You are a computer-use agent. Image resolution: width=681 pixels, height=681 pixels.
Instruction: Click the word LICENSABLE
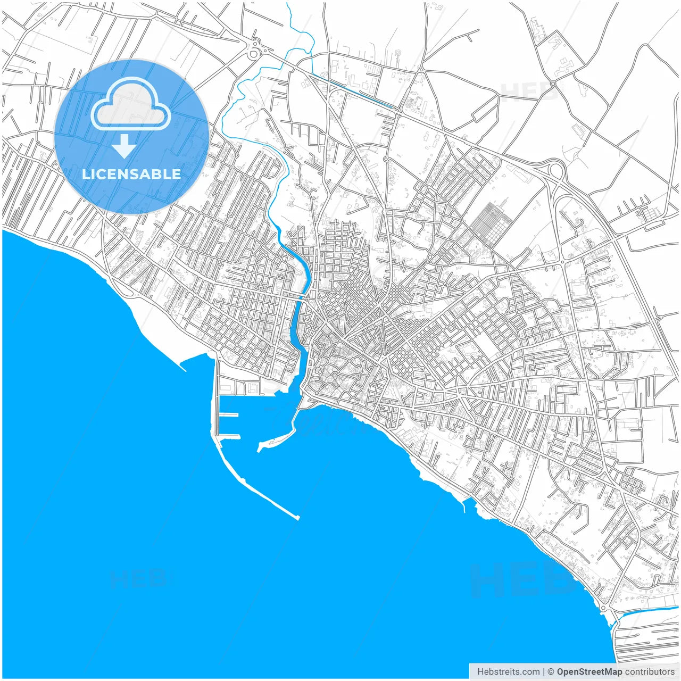[x=131, y=174]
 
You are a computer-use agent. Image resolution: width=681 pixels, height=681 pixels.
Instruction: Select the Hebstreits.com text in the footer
[x=508, y=671]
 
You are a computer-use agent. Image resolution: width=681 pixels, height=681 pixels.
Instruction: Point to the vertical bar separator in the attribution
[x=543, y=671]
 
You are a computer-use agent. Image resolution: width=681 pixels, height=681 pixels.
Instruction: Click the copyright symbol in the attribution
[x=551, y=671]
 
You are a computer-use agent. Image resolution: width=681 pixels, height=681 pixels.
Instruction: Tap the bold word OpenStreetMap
[x=589, y=671]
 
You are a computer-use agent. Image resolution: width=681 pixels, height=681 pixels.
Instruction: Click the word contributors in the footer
[x=650, y=671]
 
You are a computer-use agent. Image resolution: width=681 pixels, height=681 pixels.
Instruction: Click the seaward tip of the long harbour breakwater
[x=297, y=517]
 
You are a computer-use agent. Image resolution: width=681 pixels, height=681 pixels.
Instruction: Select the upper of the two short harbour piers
[x=229, y=414]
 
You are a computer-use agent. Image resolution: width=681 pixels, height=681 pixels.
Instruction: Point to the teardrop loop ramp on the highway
[x=556, y=171]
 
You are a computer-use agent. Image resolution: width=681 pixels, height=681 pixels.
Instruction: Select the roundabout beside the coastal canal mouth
[x=604, y=608]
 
